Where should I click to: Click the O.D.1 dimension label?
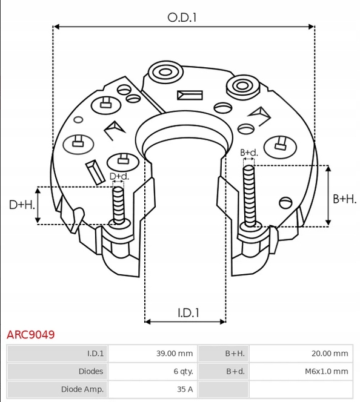tap(182, 18)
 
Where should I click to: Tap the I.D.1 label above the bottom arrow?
tap(188, 313)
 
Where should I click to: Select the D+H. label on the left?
tap(22, 205)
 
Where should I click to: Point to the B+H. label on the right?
tap(345, 199)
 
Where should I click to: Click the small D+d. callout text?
tap(119, 176)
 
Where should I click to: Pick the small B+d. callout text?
tap(249, 153)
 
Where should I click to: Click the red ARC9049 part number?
tap(30, 335)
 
